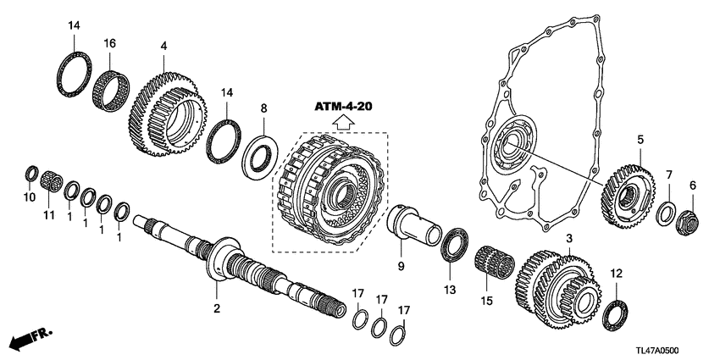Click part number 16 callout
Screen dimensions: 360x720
pos(109,42)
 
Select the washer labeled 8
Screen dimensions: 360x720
pos(259,154)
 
